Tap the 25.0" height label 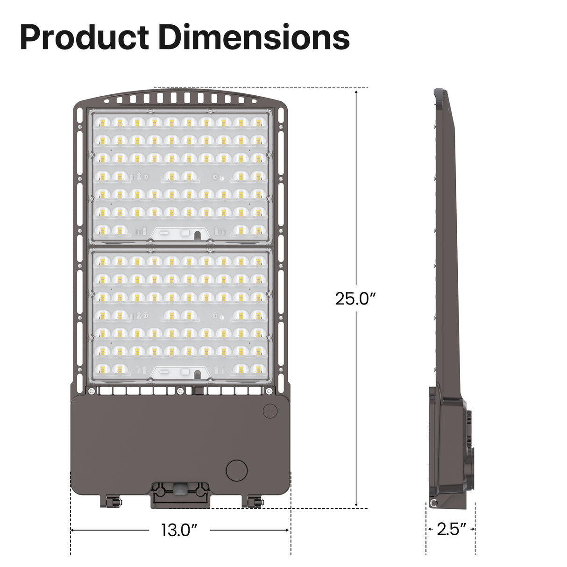pyautogui.click(x=355, y=298)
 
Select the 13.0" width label pyautogui.click(x=179, y=531)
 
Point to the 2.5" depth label pyautogui.click(x=451, y=530)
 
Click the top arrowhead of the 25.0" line pyautogui.click(x=356, y=92)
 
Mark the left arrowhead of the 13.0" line pyautogui.click(x=73, y=530)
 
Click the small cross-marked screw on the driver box pyautogui.click(x=269, y=411)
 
